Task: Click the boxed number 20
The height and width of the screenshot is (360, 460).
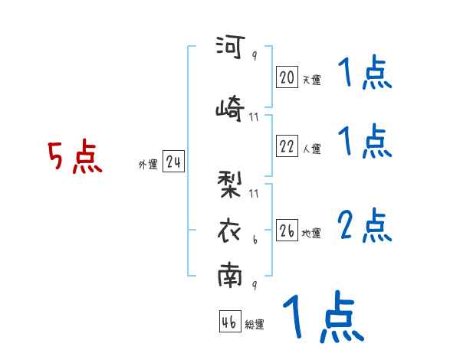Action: pos(287,77)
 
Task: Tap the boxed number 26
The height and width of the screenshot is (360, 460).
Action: pos(287,230)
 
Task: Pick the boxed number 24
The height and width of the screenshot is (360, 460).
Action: pos(173,163)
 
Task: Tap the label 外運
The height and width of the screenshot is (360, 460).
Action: pos(147,165)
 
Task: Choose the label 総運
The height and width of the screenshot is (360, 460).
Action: pos(255,325)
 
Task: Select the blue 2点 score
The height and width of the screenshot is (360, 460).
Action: pos(365,224)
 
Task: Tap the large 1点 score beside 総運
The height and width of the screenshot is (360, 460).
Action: pos(322,317)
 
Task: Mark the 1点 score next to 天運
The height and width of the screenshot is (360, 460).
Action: pos(364,74)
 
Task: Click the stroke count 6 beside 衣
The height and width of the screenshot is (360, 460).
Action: pos(255,240)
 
